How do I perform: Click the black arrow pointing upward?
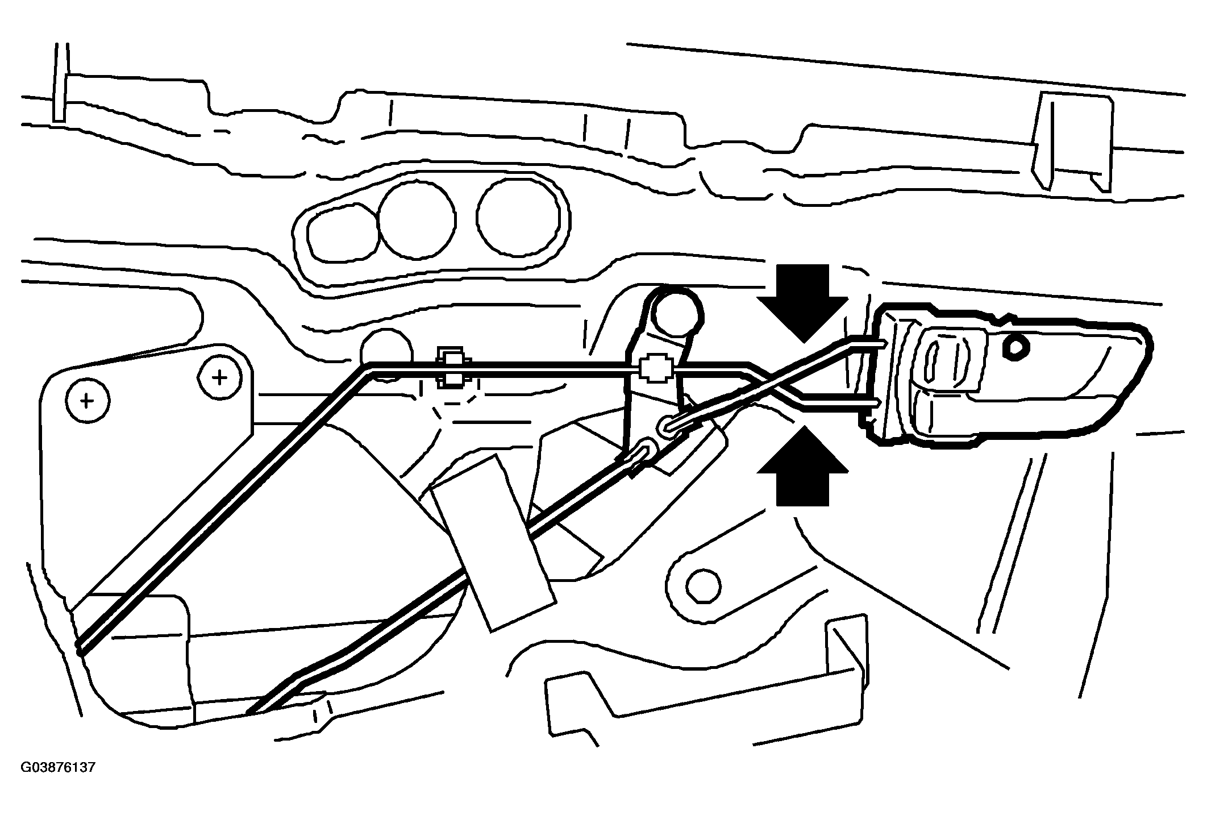(802, 467)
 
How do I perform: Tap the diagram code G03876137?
(58, 768)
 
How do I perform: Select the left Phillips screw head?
(87, 402)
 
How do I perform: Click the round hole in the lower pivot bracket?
(703, 585)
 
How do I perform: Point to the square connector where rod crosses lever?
(656, 369)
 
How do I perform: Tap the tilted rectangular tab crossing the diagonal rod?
(493, 542)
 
